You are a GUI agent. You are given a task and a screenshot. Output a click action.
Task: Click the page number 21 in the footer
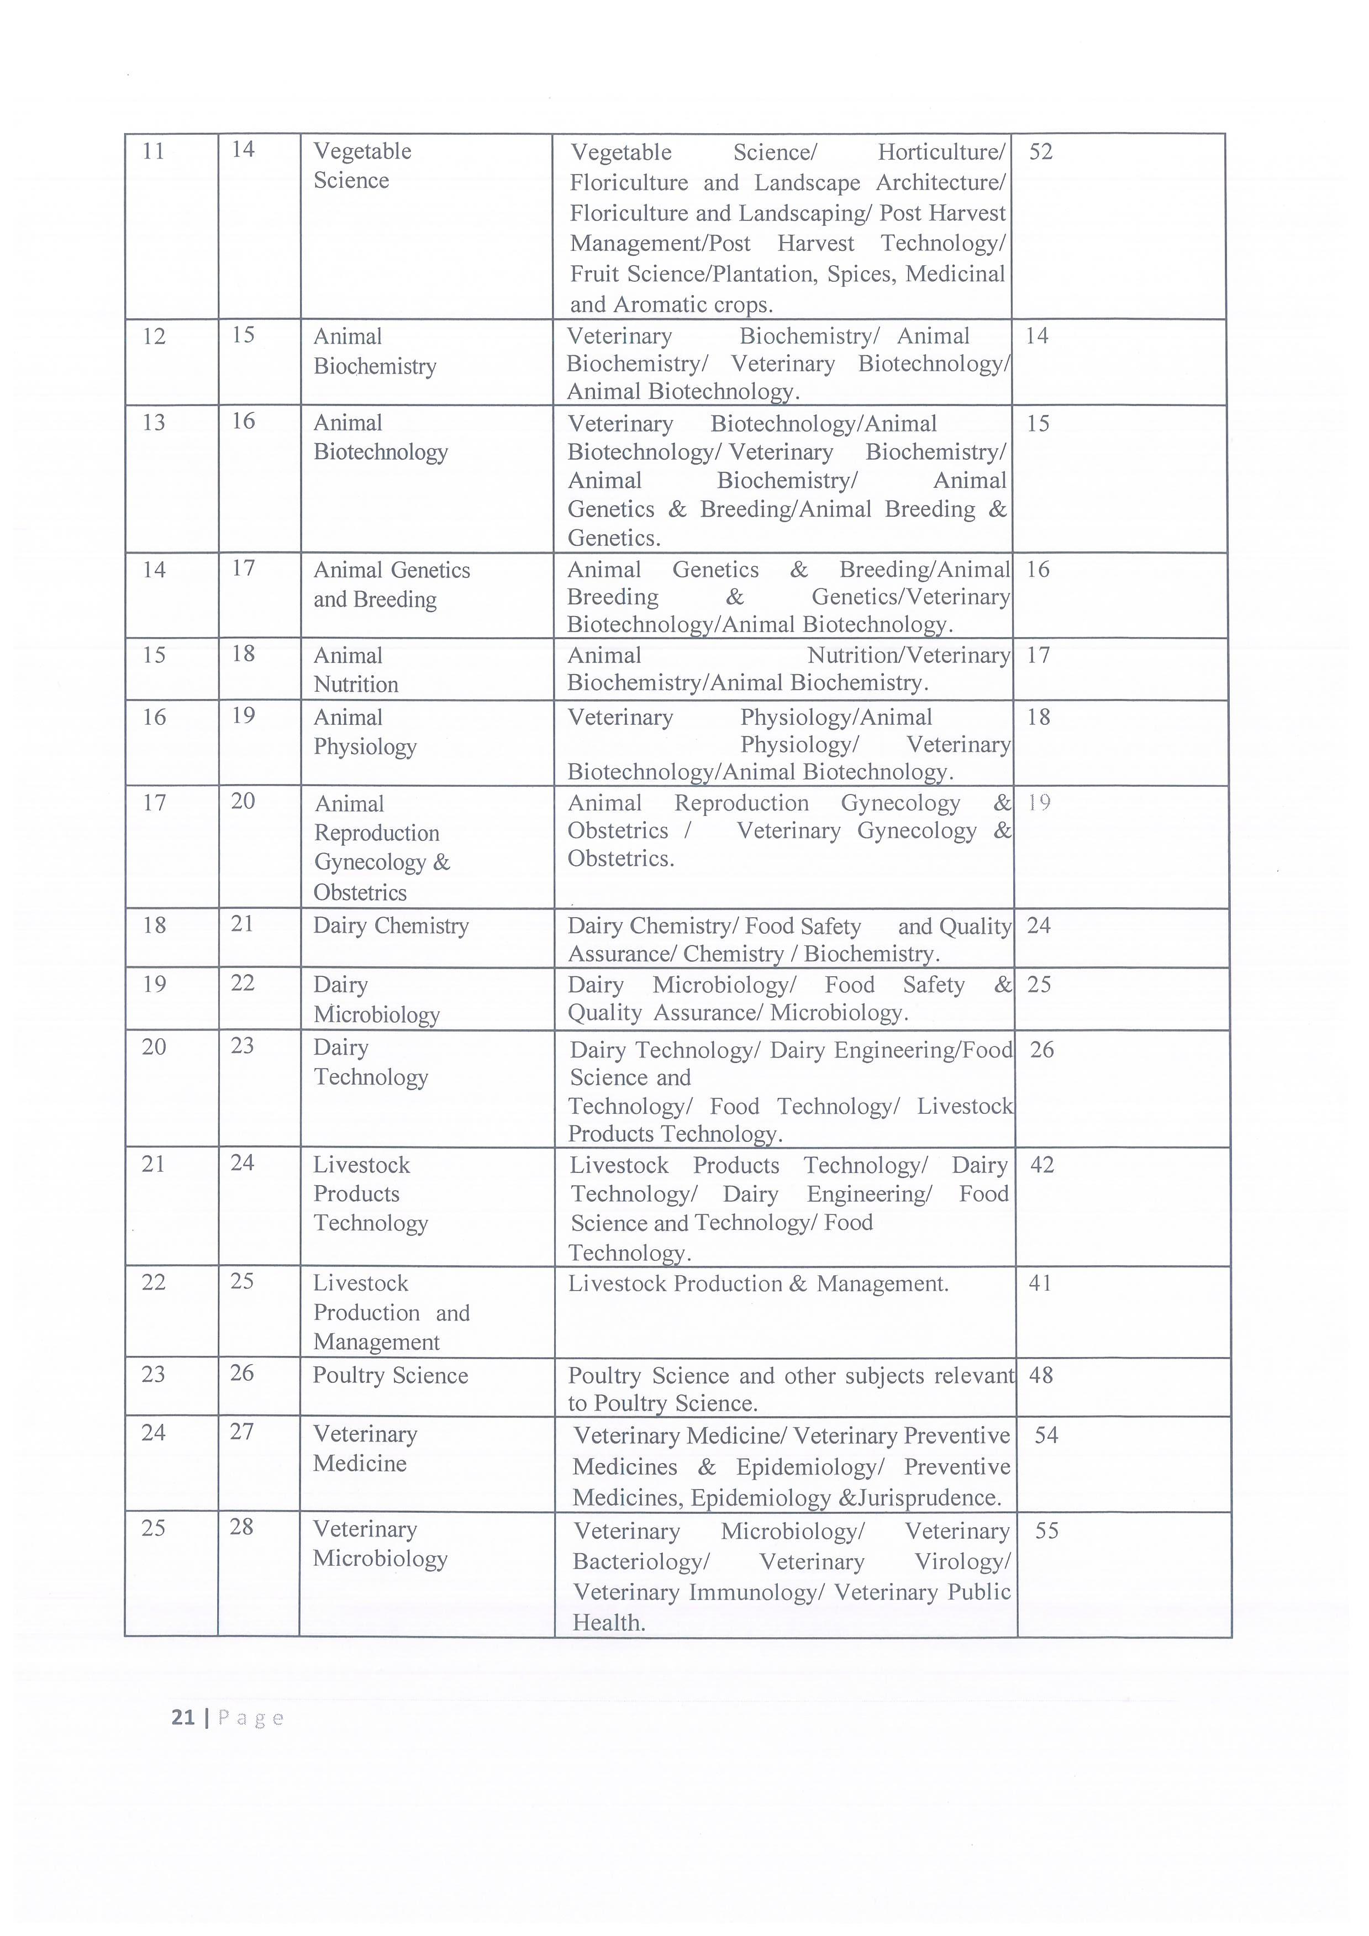coord(183,1718)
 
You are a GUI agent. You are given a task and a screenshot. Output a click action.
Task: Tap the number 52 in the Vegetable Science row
coord(1041,152)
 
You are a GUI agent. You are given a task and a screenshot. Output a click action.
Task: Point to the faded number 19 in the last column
coord(1039,803)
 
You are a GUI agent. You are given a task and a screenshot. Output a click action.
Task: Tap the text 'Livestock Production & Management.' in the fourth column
coord(758,1284)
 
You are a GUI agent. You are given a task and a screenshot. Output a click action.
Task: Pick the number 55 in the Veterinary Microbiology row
coord(1046,1531)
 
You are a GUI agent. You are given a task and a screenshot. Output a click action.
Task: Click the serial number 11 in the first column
coord(154,152)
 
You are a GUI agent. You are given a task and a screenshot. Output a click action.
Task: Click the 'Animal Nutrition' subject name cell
coord(356,670)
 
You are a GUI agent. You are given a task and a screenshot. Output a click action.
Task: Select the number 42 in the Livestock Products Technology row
coord(1042,1165)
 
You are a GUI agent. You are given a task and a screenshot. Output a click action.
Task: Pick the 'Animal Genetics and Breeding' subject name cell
coord(391,585)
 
